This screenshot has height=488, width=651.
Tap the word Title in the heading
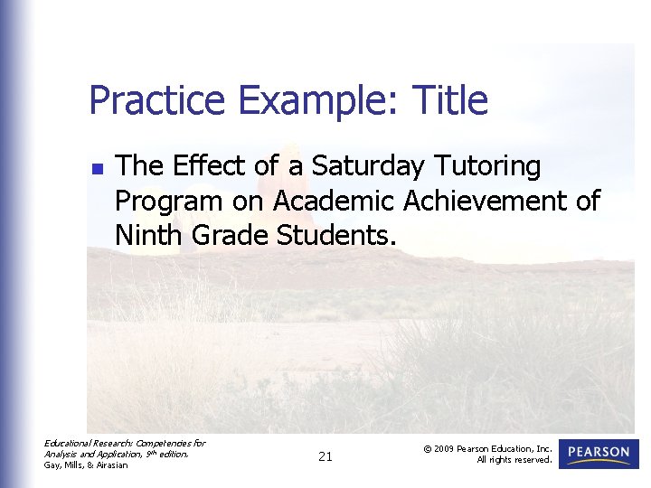pyautogui.click(x=448, y=100)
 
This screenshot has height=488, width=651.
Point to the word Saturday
pyautogui.click(x=367, y=167)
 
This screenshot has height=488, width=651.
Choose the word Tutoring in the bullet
pyautogui.click(x=487, y=166)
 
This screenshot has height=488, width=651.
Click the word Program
pyautogui.click(x=168, y=202)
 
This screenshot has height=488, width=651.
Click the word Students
pyautogui.click(x=336, y=235)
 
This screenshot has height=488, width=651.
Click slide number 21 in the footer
pyautogui.click(x=325, y=457)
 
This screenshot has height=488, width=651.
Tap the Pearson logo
pyautogui.click(x=599, y=454)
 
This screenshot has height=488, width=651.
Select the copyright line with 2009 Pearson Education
pyautogui.click(x=487, y=448)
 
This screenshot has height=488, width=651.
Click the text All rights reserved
pyautogui.click(x=514, y=460)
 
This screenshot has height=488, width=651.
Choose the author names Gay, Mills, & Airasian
pyautogui.click(x=87, y=465)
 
